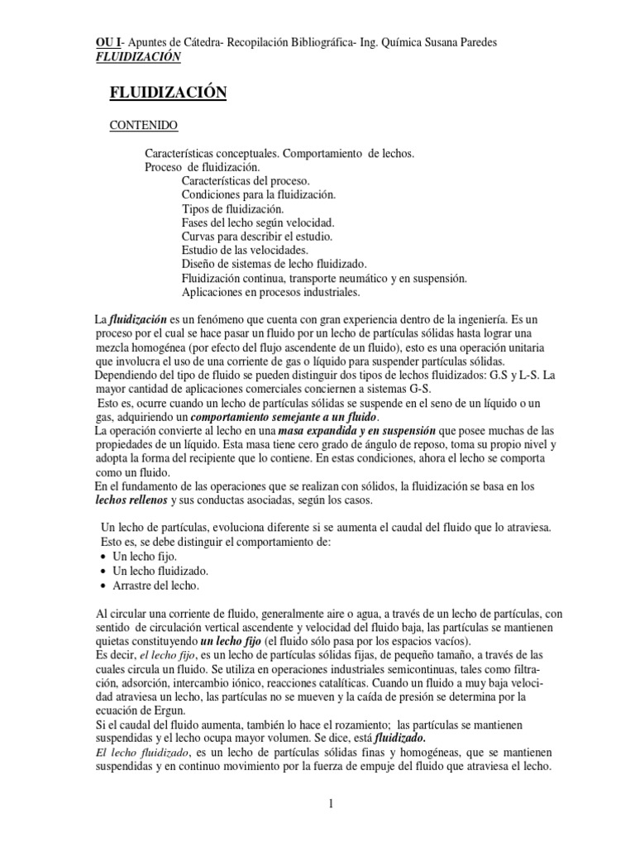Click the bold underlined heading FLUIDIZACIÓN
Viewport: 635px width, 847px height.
[x=168, y=93]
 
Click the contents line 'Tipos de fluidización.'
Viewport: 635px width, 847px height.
[x=233, y=208]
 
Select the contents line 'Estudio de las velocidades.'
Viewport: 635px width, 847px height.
[x=245, y=250]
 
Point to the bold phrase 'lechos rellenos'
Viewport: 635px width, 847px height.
[x=132, y=501]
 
